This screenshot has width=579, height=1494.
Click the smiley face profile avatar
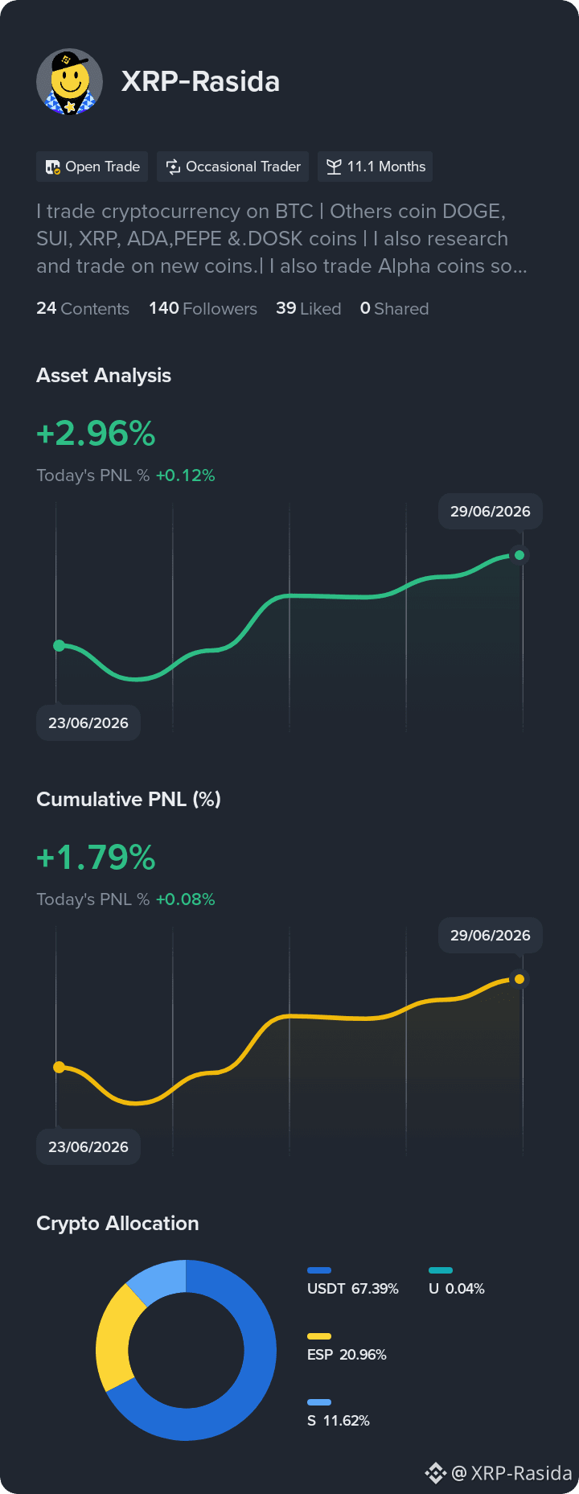69,82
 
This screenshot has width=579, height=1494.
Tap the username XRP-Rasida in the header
200,82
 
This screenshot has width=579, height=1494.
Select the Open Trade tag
92,167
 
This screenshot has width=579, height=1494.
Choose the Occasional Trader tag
233,167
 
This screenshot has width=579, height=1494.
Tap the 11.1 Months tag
376,167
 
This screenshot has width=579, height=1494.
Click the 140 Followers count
203,309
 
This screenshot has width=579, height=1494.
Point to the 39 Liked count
308,309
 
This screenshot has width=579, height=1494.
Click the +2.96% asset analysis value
96,434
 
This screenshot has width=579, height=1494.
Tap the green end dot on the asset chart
519,555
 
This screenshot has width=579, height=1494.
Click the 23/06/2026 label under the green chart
88,723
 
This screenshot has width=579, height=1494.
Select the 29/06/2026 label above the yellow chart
491,936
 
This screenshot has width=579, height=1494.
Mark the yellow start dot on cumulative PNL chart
59,1068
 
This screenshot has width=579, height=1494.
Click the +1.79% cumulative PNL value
96,858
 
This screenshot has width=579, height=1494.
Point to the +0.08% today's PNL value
185,899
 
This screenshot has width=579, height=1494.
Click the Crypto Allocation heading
117,1224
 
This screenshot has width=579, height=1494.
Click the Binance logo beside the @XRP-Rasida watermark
435,1473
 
